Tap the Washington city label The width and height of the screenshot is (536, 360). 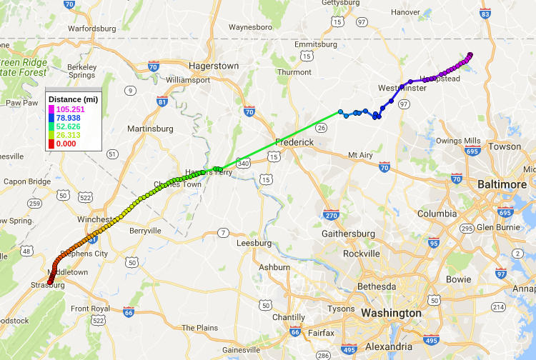pos(391,313)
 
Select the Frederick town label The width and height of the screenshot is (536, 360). pos(295,142)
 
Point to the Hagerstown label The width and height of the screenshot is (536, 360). pos(214,66)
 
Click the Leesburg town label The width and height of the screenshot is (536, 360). pos(254,242)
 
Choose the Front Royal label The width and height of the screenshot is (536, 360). pos(89,309)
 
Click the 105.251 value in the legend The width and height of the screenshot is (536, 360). pos(71,109)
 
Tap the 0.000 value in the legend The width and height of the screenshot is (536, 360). pos(67,144)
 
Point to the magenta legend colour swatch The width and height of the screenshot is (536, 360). pos(51,109)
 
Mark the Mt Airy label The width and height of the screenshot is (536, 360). pos(360,155)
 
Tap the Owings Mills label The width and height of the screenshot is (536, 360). pos(459,141)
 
